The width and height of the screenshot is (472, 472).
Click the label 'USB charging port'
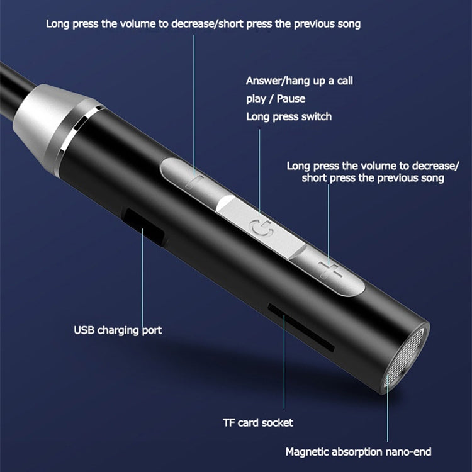click(x=118, y=330)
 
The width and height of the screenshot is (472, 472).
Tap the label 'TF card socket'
click(x=258, y=423)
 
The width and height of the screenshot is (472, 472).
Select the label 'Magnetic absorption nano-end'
click(x=358, y=451)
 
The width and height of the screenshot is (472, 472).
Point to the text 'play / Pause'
click(x=276, y=99)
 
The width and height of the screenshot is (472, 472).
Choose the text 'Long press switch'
click(x=288, y=116)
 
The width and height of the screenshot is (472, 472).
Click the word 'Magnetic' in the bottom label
click(x=306, y=451)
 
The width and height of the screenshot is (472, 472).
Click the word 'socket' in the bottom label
click(x=278, y=423)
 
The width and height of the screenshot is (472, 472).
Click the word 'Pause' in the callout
click(x=292, y=99)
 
